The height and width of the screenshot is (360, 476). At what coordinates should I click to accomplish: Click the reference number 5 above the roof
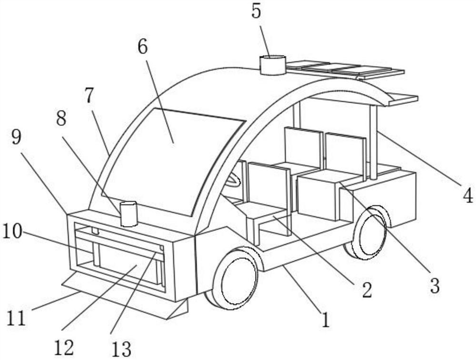[257, 10]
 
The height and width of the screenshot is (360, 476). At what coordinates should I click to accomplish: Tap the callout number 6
[143, 46]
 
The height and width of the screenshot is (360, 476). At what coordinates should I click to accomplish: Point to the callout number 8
[61, 118]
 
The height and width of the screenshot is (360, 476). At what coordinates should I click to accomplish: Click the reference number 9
[16, 138]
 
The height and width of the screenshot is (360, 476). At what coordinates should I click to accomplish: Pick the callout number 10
[12, 233]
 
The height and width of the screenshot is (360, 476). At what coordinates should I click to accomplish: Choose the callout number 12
[64, 347]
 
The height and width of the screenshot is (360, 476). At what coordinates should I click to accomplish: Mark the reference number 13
[121, 350]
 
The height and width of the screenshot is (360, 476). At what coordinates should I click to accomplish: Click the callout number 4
[468, 195]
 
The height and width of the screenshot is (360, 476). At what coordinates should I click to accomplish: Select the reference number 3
[434, 286]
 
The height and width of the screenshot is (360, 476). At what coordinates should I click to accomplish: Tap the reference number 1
[325, 320]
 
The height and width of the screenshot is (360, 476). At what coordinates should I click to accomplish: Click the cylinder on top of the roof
[273, 65]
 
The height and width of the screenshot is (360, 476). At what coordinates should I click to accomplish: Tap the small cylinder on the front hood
[129, 214]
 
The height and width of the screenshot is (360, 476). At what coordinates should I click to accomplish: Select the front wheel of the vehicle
[236, 279]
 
